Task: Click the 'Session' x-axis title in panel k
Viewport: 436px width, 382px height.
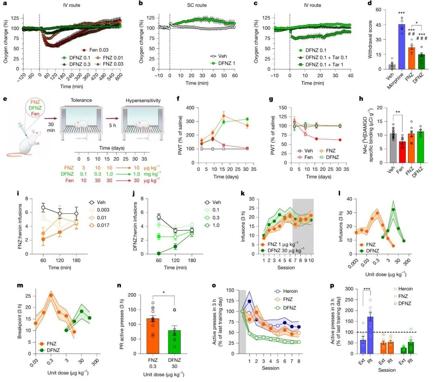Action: point(282,267)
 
